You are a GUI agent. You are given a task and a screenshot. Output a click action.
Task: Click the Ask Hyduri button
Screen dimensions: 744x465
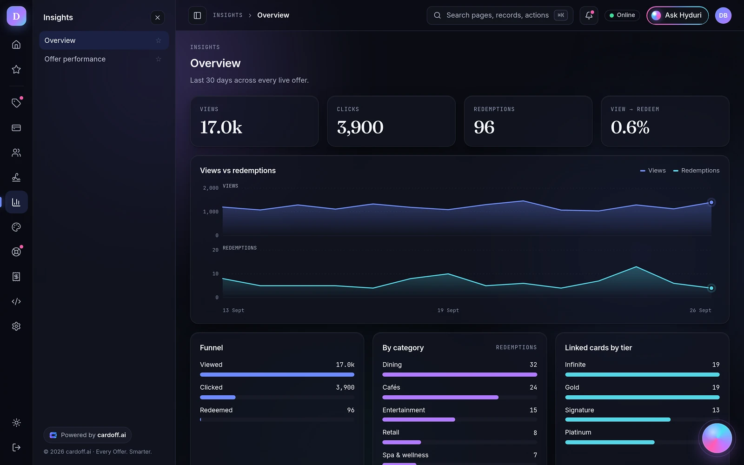677,15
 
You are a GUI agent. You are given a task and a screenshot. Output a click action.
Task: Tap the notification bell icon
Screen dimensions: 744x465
589,15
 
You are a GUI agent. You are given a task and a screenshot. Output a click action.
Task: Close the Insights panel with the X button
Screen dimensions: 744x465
158,18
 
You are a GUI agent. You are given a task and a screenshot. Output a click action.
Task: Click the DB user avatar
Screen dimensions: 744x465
723,15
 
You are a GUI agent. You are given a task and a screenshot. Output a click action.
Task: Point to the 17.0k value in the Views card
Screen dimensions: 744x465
221,127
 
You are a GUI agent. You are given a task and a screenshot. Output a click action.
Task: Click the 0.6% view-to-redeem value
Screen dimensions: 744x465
630,127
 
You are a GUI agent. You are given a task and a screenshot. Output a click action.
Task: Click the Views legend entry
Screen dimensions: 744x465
653,170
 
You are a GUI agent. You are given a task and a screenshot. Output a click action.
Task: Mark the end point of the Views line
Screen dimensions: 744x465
711,202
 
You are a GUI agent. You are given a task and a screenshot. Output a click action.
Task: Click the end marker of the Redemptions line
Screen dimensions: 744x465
711,288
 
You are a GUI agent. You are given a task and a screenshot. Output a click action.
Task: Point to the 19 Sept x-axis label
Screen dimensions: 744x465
448,310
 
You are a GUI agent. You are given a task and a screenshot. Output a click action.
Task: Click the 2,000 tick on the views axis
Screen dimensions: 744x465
211,188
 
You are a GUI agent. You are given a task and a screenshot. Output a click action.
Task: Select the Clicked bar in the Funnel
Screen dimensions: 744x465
218,397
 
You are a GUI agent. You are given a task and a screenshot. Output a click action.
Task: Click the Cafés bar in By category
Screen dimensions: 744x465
440,397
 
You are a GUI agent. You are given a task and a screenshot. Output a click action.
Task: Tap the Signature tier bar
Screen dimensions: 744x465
618,419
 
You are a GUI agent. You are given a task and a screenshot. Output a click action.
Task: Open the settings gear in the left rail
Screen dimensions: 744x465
16,326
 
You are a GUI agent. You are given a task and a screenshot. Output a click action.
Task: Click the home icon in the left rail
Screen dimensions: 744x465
16,45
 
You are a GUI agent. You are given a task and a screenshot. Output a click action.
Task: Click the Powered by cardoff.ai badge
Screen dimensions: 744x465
87,435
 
